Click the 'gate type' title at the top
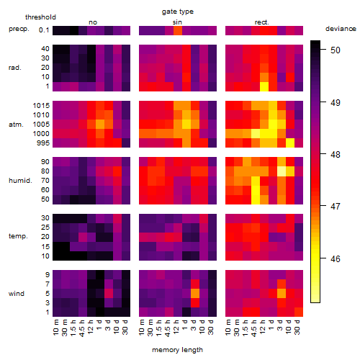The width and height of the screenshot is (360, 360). click(178, 12)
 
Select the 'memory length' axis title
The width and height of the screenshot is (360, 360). click(177, 350)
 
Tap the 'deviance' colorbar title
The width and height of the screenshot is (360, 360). click(341, 29)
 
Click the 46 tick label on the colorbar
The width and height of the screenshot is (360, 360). click(336, 259)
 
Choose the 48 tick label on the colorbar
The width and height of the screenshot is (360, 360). click(336, 155)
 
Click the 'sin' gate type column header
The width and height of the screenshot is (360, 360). click(177, 22)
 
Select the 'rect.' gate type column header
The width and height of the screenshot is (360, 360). click(261, 22)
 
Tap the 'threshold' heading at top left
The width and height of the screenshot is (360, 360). click(40, 17)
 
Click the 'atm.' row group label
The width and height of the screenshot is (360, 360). click(16, 125)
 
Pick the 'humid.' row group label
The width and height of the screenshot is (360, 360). click(20, 181)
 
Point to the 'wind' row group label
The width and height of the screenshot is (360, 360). click(17, 294)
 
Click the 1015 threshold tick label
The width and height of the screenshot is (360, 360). click(41, 106)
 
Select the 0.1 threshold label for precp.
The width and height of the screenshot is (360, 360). click(44, 30)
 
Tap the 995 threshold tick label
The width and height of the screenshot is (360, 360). click(43, 143)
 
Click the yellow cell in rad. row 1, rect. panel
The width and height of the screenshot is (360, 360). click(264, 86)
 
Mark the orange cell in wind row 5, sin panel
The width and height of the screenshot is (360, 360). click(195, 293)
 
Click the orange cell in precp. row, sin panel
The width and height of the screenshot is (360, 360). click(178, 30)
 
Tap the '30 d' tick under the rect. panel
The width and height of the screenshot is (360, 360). click(297, 327)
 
